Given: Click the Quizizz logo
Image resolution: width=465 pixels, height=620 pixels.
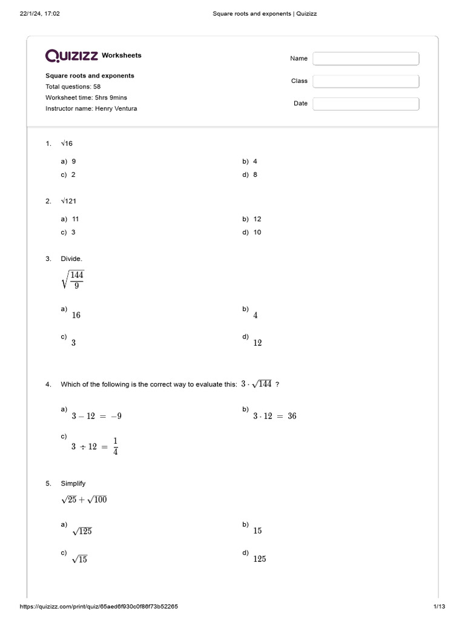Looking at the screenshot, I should [72, 56].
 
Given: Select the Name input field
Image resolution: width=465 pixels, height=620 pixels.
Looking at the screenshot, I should [366, 59].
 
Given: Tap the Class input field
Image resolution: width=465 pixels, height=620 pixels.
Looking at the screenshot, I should [366, 81].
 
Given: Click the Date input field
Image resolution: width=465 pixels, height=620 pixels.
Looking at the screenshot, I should [366, 104].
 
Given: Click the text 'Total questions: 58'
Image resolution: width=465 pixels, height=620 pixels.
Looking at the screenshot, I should [73, 87].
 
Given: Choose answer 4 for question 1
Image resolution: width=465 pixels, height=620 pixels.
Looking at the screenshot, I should [255, 162].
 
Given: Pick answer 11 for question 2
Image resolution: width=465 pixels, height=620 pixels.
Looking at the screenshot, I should [75, 219].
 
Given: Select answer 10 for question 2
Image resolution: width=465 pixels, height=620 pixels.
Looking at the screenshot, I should [257, 232].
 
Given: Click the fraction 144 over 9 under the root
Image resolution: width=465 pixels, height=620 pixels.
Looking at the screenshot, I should [76, 280].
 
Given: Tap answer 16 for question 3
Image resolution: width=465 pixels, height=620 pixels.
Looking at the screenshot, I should [76, 315].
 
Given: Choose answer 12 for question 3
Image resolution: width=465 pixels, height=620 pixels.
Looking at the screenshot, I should [257, 343].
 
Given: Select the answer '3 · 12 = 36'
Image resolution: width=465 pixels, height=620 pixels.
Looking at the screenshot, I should [274, 417].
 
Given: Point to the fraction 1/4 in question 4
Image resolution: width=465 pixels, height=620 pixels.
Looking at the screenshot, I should [115, 446].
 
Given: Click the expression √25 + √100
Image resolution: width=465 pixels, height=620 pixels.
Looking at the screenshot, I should [84, 500].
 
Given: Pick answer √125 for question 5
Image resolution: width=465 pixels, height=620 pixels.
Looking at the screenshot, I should [82, 532].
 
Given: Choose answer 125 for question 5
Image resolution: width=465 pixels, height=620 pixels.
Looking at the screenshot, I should [259, 559].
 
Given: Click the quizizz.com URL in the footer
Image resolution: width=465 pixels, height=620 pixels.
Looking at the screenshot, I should [99, 606].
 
